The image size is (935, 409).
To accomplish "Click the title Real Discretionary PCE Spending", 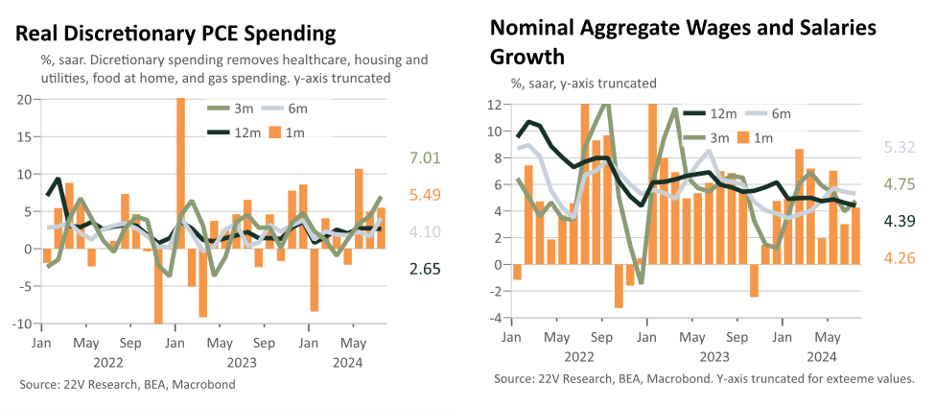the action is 175,34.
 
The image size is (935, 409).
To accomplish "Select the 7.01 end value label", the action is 425,158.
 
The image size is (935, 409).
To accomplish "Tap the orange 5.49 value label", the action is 425,195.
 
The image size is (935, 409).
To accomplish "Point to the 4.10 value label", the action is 425,231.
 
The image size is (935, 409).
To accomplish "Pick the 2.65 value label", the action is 425,269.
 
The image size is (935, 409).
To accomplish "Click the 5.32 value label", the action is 898,147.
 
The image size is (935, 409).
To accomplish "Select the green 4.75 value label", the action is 898,184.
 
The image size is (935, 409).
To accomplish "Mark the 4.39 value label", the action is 898,221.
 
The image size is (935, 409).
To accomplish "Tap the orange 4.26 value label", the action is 898,258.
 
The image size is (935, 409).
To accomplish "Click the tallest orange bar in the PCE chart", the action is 180,173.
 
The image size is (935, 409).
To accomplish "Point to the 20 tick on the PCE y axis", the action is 25,100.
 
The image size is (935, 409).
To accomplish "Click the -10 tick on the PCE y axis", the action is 22,324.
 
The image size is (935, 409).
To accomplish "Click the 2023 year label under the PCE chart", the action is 241,362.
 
